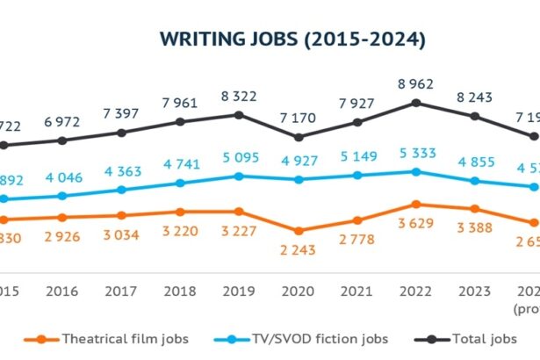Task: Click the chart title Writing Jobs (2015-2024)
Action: click(292, 40)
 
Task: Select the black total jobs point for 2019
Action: click(239, 114)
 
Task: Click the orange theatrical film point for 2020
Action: click(299, 231)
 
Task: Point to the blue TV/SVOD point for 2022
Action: click(416, 171)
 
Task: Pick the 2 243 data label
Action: click(299, 249)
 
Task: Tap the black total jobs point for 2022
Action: click(416, 103)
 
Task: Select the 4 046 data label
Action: click(61, 177)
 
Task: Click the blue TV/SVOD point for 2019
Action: click(239, 176)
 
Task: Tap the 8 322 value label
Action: click(239, 97)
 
